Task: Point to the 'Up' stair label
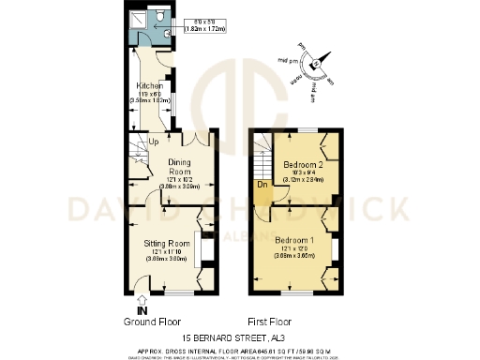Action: point(153,142)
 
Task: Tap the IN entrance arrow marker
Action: point(142,309)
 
